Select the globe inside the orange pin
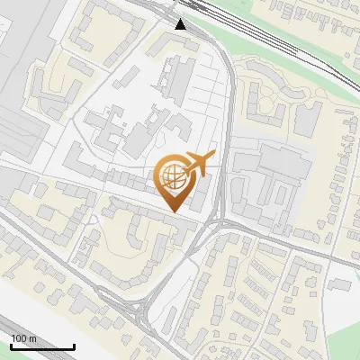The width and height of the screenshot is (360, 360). click(173, 175)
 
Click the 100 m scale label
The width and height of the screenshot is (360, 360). click(23, 338)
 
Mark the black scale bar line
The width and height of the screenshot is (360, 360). click(41, 346)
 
